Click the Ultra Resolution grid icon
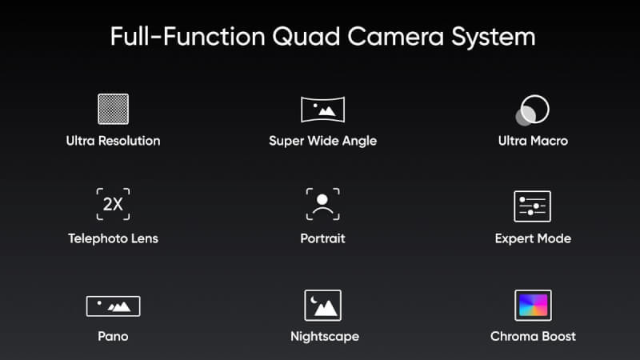(x=113, y=109)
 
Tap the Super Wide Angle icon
(x=323, y=110)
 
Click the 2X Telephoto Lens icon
(x=113, y=204)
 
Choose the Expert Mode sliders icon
(x=532, y=206)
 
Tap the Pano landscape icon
(x=113, y=306)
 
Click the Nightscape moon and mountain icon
(x=323, y=306)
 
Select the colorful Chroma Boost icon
(x=533, y=306)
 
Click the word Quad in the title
(x=306, y=37)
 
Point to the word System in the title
(x=493, y=37)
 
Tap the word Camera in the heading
(x=395, y=37)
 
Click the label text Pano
(x=113, y=336)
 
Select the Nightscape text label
(x=325, y=337)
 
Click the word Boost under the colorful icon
(x=557, y=336)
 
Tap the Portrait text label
(x=323, y=238)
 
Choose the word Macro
(x=550, y=141)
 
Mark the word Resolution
(x=130, y=141)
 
